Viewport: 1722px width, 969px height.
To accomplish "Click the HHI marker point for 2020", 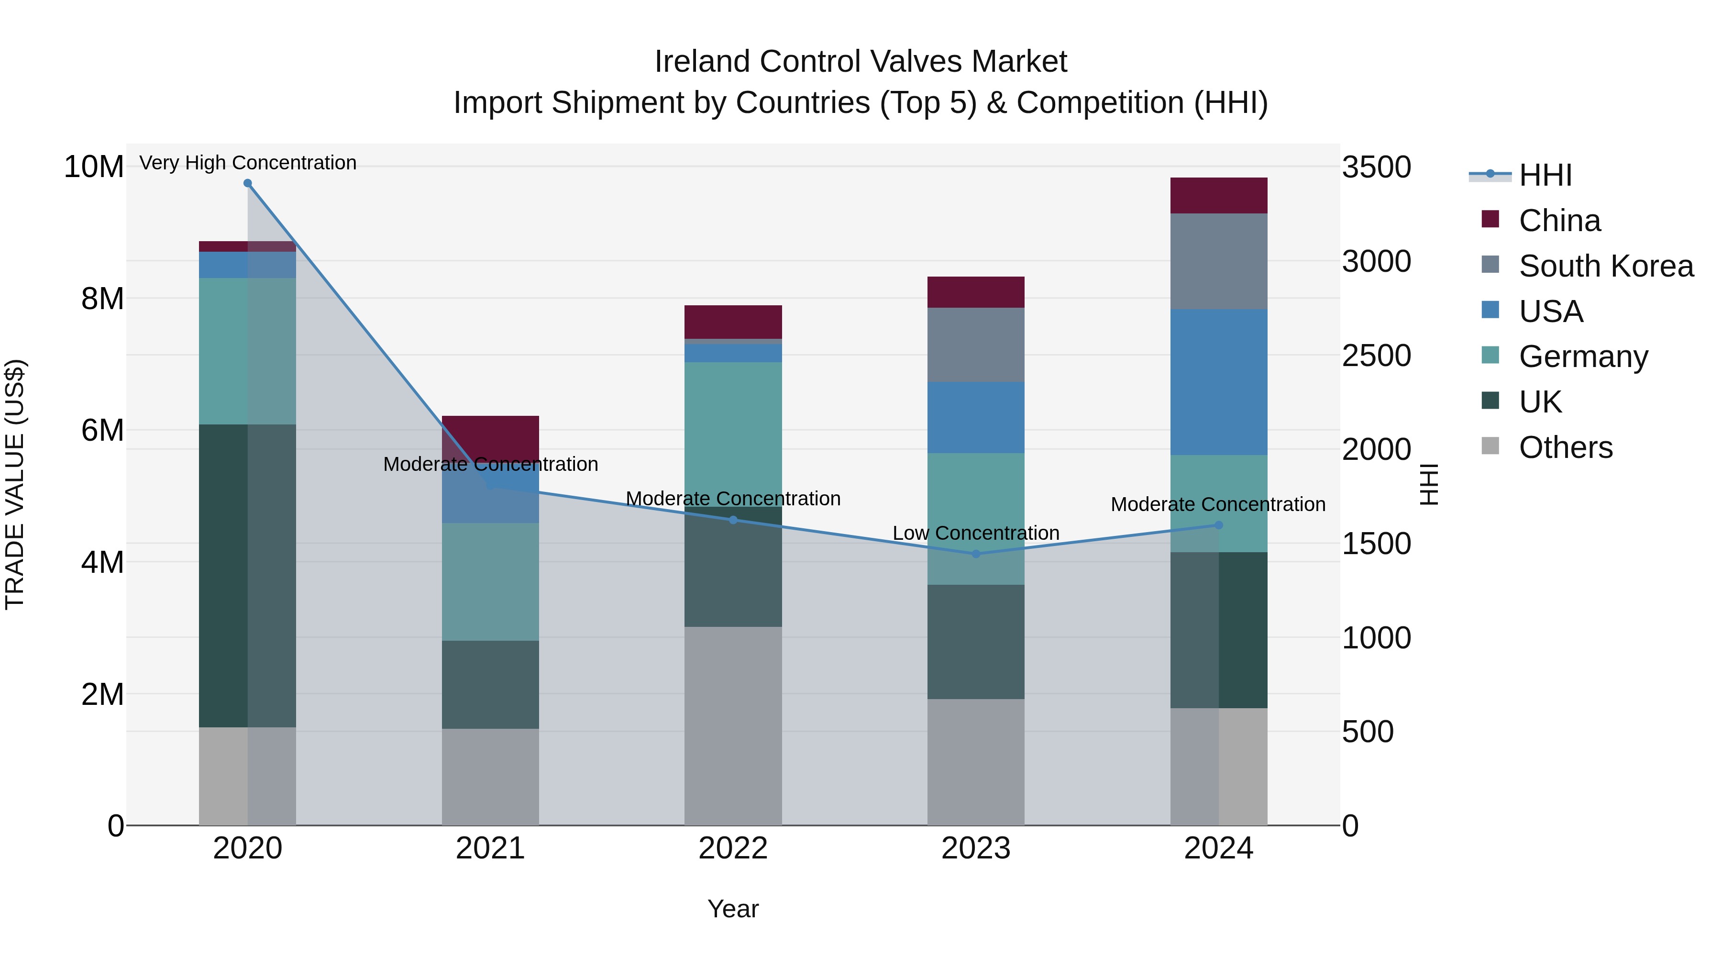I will coord(247,183).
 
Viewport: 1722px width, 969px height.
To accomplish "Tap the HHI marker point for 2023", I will coord(975,554).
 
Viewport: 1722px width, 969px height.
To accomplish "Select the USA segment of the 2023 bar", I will coord(975,417).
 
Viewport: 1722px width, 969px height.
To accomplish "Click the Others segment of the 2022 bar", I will coord(733,725).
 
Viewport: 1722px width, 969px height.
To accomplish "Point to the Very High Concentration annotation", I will coord(247,163).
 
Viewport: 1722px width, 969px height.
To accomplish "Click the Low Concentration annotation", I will coord(975,533).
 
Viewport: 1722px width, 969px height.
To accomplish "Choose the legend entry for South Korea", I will coord(1606,266).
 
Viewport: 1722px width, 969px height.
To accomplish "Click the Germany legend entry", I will coord(1583,356).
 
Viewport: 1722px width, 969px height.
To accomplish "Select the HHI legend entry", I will coord(1545,175).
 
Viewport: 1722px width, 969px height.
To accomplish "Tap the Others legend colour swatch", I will coord(1490,446).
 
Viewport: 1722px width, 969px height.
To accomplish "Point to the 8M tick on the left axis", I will coord(102,298).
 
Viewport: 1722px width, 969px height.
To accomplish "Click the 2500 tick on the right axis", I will coord(1376,356).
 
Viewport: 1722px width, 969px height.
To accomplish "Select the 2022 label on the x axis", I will coord(733,848).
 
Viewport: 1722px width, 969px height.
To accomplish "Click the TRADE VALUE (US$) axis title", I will coord(15,484).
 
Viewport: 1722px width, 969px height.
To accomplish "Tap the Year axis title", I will coord(733,909).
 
